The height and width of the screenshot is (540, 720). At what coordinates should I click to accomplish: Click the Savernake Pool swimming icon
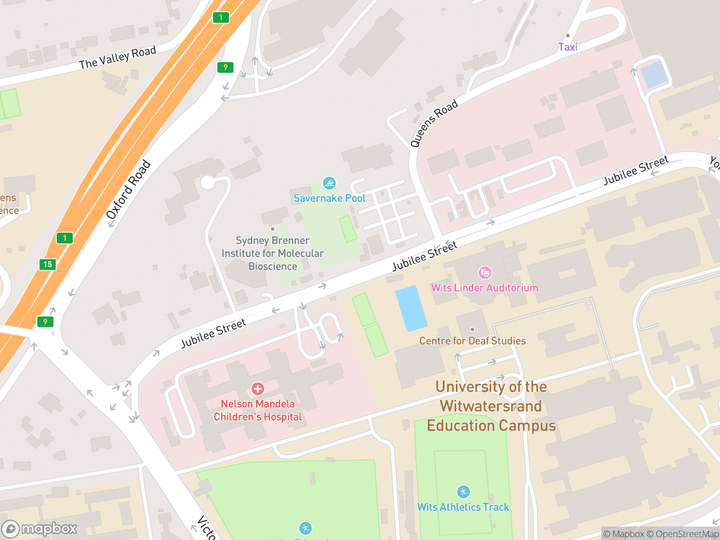329,183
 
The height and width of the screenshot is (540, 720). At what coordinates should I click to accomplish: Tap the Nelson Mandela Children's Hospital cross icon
257,389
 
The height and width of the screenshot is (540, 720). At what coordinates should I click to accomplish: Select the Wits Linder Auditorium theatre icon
485,272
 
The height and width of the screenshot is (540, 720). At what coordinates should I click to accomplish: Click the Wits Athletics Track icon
463,492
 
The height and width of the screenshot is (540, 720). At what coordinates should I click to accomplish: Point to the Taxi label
568,47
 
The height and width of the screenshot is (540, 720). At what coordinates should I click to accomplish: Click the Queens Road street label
434,123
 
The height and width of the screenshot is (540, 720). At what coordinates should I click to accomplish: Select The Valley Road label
117,57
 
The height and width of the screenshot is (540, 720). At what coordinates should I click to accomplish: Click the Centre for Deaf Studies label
472,341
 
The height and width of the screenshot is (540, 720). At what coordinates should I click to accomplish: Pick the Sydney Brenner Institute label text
273,253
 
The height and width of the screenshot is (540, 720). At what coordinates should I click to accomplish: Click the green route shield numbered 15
47,265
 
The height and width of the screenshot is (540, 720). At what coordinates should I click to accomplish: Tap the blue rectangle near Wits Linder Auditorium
411,308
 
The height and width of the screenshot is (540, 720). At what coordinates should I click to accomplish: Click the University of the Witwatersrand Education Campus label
491,406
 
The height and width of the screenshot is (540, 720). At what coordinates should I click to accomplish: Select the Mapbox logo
40,529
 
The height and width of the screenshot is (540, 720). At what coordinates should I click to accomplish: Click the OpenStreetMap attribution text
686,533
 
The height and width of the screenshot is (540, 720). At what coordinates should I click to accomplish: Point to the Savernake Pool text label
329,198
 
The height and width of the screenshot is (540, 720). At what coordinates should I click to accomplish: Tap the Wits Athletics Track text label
463,507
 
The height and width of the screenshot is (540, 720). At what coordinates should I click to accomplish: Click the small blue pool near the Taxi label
653,73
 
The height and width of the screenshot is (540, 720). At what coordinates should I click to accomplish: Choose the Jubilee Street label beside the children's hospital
213,333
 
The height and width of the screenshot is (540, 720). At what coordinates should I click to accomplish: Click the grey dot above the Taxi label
568,35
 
